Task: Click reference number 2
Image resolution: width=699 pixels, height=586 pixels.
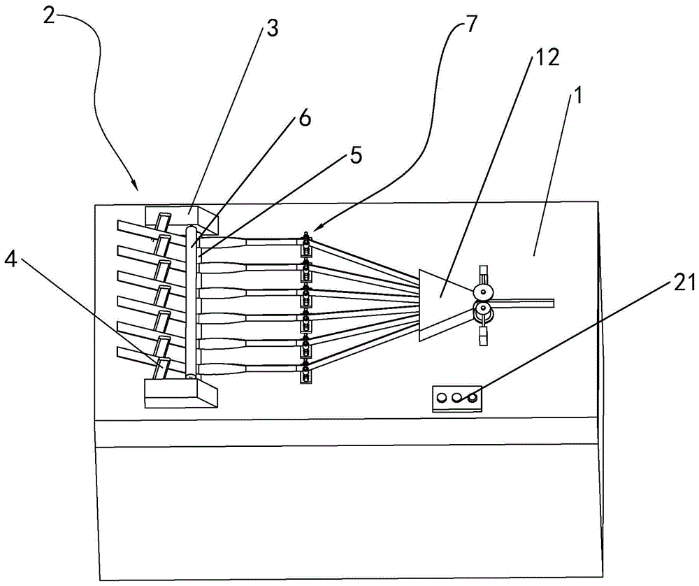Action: (50, 17)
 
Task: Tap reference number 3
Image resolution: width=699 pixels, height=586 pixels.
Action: (272, 29)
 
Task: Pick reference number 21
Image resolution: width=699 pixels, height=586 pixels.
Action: (684, 283)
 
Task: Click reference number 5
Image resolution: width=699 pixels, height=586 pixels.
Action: (355, 156)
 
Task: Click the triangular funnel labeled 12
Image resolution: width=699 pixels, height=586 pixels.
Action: (441, 303)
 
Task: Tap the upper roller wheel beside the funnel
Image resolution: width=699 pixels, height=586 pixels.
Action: (483, 293)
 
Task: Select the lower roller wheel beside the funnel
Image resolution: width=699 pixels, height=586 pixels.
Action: (483, 309)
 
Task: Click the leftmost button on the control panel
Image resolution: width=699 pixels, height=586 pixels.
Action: (442, 397)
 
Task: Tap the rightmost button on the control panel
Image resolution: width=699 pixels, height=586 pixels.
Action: (471, 396)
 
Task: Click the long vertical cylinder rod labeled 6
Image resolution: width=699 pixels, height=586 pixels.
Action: (192, 302)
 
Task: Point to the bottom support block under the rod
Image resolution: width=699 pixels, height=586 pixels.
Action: (180, 393)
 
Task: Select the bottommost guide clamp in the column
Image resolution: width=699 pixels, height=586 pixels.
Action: (306, 373)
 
